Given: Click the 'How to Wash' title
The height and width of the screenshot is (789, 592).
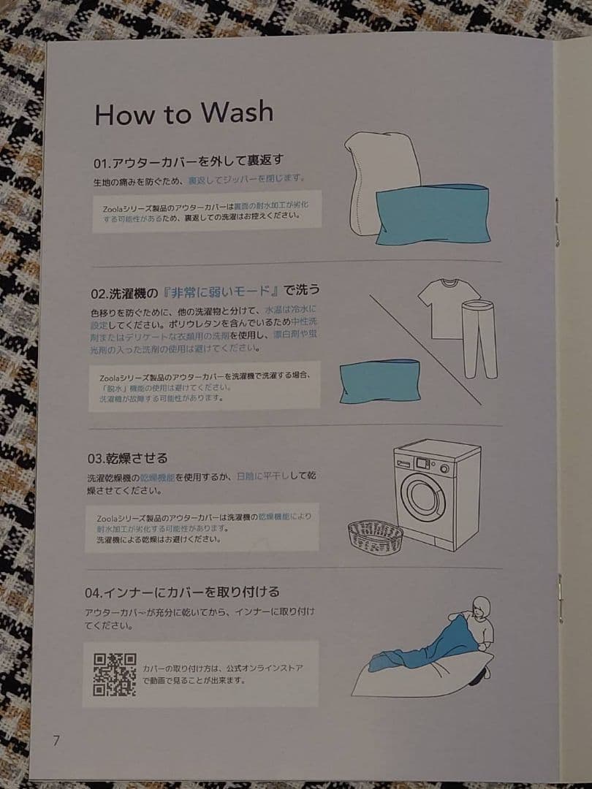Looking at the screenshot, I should [x=183, y=113].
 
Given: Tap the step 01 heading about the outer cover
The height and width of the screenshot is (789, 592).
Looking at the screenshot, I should [x=188, y=161].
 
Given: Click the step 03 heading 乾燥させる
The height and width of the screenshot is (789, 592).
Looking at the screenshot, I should [x=127, y=458].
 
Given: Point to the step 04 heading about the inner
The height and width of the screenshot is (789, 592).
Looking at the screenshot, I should [x=182, y=591].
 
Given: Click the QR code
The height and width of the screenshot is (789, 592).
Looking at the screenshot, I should [x=114, y=674].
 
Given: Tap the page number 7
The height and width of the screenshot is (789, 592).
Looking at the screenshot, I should [x=56, y=739].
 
